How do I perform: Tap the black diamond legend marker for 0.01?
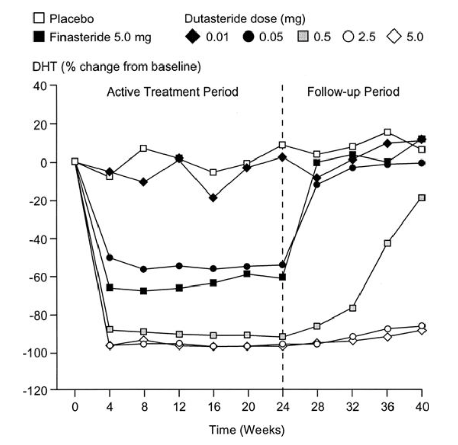[191, 37]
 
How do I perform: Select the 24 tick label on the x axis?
[283, 407]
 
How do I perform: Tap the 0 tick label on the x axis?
[75, 407]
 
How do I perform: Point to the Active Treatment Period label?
[172, 92]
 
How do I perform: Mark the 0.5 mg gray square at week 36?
[387, 243]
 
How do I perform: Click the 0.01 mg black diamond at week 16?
[213, 198]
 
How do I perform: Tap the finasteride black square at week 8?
[144, 291]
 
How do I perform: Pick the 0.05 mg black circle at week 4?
[109, 258]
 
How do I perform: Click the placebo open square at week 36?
[387, 132]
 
